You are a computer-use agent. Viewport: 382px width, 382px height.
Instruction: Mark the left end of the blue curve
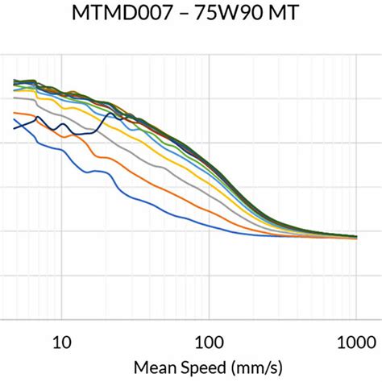[x=15, y=119]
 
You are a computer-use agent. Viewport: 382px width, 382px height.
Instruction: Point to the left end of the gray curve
[x=15, y=98]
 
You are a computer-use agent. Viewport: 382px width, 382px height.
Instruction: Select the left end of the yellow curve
[x=15, y=90]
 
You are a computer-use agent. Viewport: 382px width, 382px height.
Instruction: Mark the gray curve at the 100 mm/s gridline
[x=209, y=201]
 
